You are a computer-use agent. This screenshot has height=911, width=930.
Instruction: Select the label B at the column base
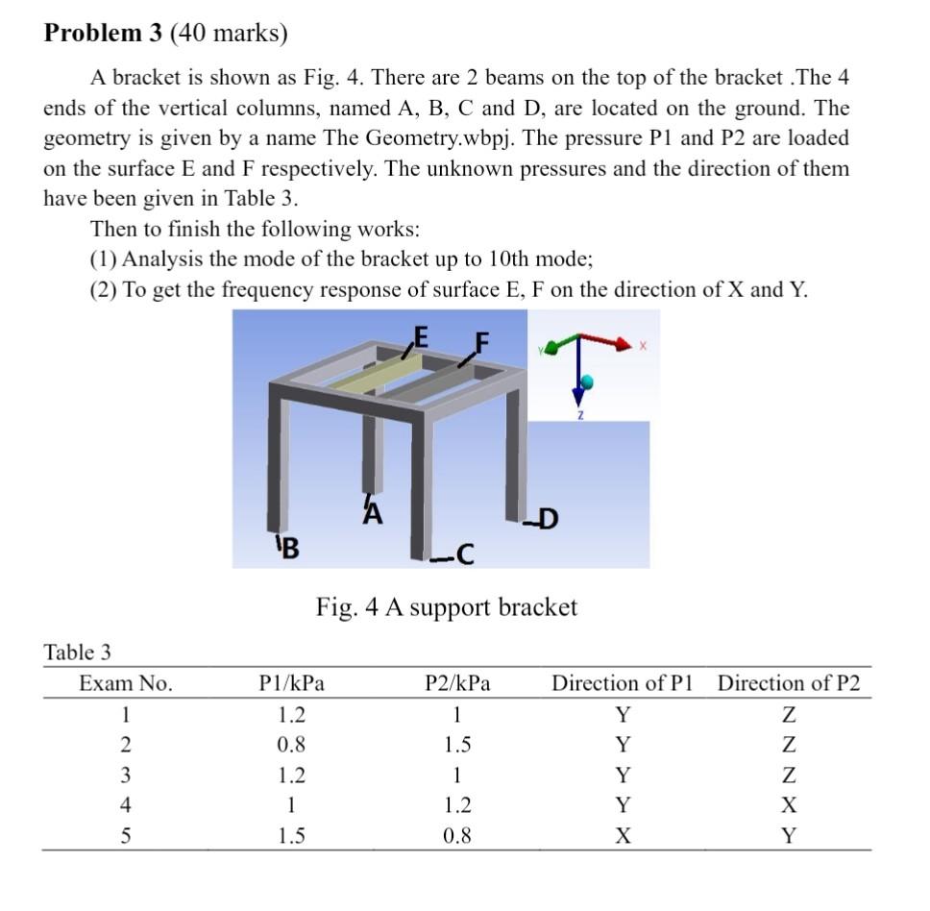(x=289, y=549)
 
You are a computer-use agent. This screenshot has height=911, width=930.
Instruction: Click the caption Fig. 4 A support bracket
(x=447, y=607)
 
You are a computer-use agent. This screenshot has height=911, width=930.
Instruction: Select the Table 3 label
(x=78, y=652)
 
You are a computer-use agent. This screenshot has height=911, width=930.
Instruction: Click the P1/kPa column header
(x=292, y=684)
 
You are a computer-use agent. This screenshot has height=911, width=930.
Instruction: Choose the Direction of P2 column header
(x=789, y=684)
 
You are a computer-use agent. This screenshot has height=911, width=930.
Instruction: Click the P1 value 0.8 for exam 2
(x=291, y=745)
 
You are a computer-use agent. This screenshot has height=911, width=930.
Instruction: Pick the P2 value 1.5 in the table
(x=457, y=745)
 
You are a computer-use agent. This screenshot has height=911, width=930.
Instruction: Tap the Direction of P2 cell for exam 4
(x=789, y=805)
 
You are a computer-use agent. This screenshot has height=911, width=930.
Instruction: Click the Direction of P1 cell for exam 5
(x=623, y=836)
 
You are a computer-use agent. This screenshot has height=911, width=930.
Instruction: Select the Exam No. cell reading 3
(x=125, y=776)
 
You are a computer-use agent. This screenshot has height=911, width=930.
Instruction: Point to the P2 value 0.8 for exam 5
(x=457, y=836)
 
